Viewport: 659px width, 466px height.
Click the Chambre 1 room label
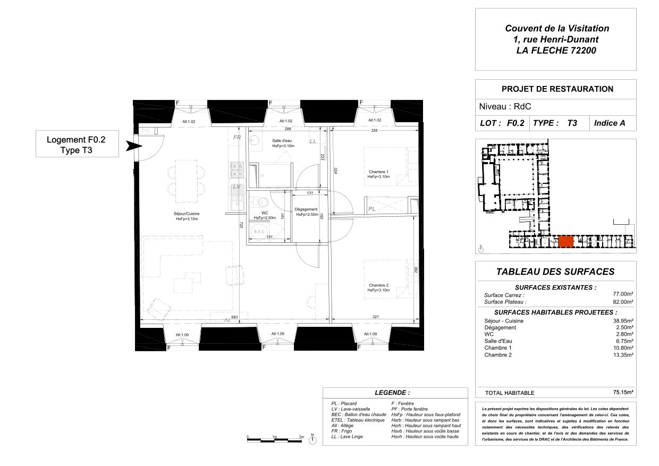378,172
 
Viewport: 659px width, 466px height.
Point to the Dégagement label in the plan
307,209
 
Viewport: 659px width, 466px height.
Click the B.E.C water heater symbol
259,232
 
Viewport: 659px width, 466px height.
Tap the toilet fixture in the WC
261,202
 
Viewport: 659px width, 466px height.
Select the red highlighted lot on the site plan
565,241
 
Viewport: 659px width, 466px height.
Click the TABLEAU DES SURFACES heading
555,272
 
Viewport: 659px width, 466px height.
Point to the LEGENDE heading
392,393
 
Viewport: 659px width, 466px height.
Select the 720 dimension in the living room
241,225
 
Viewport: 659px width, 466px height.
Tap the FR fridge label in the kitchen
238,138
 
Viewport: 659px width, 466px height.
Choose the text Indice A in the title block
610,123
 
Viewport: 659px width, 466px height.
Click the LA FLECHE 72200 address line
556,51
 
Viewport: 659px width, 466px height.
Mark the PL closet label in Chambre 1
372,209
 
